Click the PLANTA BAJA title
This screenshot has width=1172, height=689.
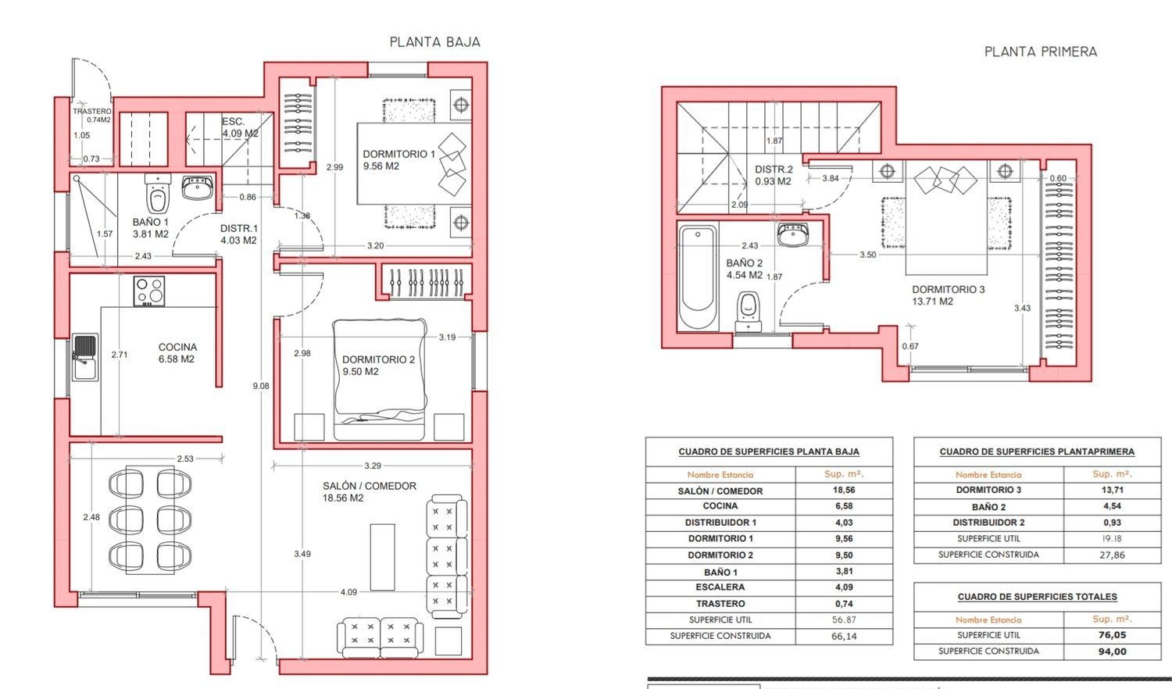[434, 42]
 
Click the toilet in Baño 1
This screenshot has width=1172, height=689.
[158, 194]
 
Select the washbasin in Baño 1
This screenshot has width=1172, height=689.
[197, 187]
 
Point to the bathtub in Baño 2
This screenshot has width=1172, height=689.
[698, 277]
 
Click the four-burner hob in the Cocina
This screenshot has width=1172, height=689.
[149, 291]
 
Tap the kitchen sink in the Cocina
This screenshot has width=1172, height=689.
[84, 357]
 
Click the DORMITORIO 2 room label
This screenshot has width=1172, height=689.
[378, 365]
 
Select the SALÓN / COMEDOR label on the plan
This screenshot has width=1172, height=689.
[370, 492]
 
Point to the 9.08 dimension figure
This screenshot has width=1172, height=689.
[260, 386]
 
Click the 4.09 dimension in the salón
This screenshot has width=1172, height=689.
[348, 592]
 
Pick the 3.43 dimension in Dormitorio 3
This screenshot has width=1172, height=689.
[1022, 308]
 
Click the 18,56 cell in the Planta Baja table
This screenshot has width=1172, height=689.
[844, 491]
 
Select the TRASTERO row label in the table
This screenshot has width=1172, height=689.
[720, 604]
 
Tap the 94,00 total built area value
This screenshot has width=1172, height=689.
[1113, 652]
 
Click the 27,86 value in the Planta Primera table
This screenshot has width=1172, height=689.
[1112, 555]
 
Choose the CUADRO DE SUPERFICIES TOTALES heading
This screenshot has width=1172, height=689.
[1037, 597]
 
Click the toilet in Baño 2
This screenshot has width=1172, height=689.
[749, 311]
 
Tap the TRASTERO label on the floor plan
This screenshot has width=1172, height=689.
[92, 112]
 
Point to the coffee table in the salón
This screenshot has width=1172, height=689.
[383, 557]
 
